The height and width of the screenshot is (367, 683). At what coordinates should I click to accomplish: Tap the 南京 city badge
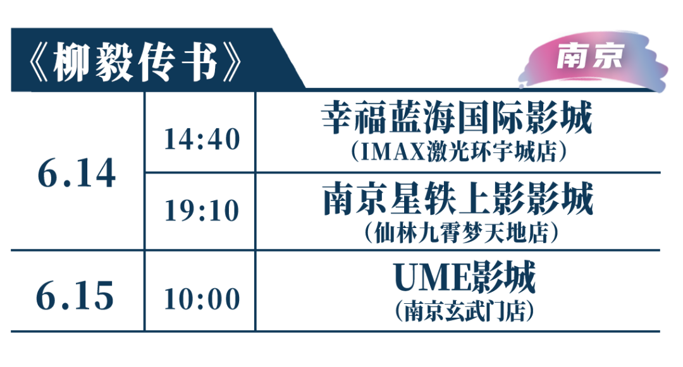589,56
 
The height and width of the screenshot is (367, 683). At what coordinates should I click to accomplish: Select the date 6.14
77,173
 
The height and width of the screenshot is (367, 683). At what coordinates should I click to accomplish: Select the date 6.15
75,296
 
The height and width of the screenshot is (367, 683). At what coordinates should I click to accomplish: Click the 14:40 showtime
202,139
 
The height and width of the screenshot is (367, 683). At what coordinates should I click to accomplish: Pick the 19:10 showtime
202,211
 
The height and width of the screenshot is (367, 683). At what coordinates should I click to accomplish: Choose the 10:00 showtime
202,299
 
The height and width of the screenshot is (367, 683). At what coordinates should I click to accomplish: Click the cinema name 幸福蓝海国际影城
457,117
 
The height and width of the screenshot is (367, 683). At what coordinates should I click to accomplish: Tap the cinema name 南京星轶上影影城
458,198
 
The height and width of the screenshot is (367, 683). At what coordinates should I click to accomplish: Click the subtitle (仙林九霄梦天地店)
461,232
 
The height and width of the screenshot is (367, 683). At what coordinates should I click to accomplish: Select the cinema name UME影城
465,277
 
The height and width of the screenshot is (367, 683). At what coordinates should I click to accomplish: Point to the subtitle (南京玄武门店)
465,311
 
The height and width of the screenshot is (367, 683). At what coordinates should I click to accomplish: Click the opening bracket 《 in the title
39,63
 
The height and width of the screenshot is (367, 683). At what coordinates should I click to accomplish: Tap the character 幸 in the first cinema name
338,117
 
